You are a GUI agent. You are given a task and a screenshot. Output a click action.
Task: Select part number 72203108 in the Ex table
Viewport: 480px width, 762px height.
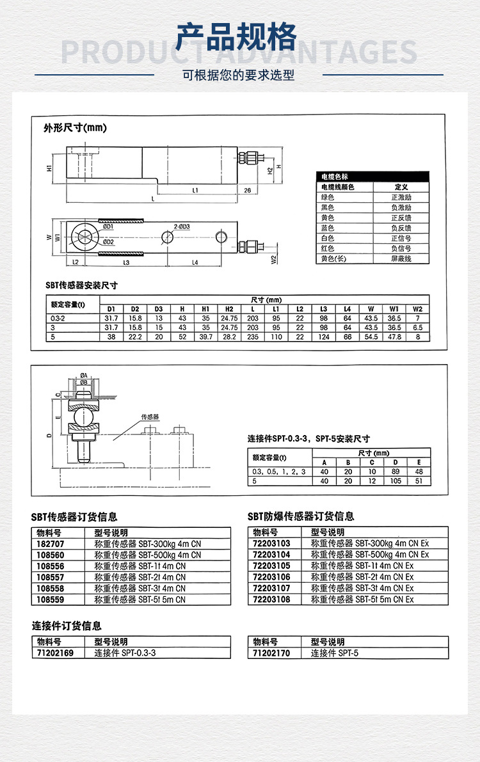coord(271,599)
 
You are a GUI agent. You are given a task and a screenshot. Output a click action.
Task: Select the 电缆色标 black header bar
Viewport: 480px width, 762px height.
coord(374,177)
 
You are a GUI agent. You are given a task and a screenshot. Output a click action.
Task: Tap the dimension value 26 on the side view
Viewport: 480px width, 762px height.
coord(247,190)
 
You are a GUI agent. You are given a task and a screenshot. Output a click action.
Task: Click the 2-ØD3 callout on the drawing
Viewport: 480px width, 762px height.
coord(186,227)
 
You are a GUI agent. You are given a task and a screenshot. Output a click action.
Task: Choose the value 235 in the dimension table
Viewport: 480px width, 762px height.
coord(253,337)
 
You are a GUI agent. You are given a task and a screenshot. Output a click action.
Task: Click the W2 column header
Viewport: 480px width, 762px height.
coord(418,309)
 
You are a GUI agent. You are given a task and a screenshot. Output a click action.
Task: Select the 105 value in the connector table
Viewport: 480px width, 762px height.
coord(396,480)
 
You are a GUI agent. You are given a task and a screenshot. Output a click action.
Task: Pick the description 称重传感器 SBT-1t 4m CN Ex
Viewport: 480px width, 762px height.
coord(362,566)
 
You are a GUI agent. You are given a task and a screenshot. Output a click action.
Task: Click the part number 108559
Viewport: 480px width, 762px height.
coord(49,599)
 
